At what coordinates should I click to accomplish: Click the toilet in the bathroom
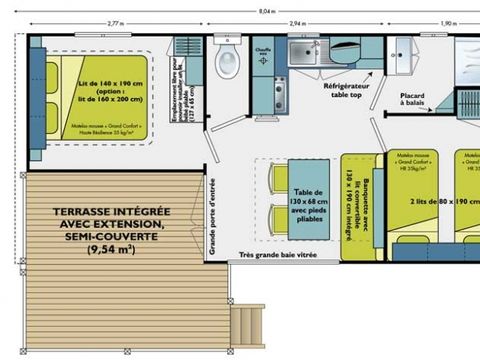pos(229,61)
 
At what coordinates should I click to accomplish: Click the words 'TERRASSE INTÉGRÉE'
pos(97,212)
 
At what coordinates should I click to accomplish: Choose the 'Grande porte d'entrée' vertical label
pos(211,214)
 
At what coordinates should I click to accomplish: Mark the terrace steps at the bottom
pos(247,325)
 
